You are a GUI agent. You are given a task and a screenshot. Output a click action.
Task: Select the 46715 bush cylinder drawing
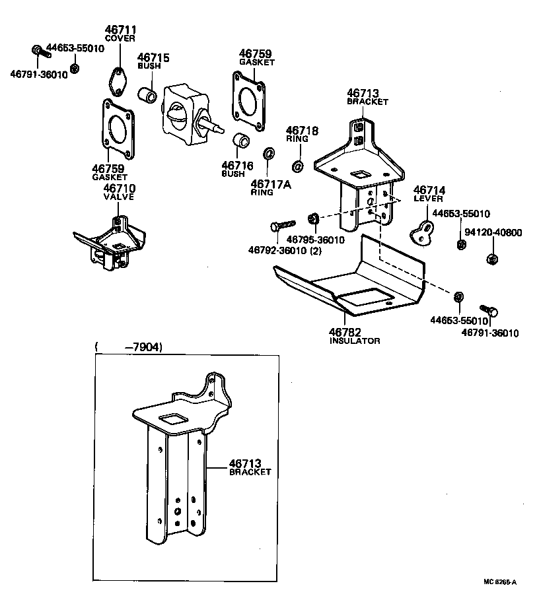pos(147,96)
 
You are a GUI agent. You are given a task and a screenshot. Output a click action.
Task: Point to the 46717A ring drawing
pos(269,154)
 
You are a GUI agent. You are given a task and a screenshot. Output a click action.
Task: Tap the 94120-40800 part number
pos(493,232)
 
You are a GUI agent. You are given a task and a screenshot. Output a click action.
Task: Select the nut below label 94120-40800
pos(491,259)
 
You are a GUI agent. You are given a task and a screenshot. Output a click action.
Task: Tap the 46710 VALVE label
pos(119,192)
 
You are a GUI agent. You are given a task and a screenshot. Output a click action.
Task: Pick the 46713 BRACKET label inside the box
pos(250,467)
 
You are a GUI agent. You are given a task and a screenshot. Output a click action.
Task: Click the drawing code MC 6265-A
pos(499,581)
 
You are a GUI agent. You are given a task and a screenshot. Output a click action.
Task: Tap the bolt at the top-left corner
pos(38,51)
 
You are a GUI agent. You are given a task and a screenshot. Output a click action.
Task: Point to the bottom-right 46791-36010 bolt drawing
pos(489,310)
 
